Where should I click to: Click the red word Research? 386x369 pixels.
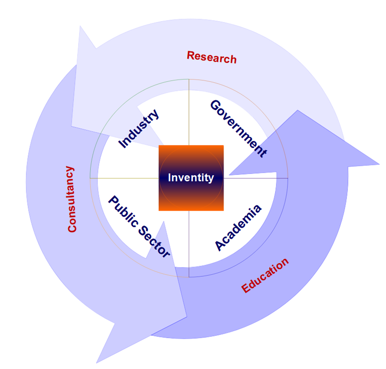tap(212, 57)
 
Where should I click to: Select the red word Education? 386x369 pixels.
tap(265, 276)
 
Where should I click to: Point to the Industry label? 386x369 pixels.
tap(139, 128)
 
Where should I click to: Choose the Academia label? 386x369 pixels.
tap(238, 228)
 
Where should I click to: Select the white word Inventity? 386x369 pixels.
tap(191, 178)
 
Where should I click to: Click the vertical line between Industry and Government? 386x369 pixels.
tap(189, 112)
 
